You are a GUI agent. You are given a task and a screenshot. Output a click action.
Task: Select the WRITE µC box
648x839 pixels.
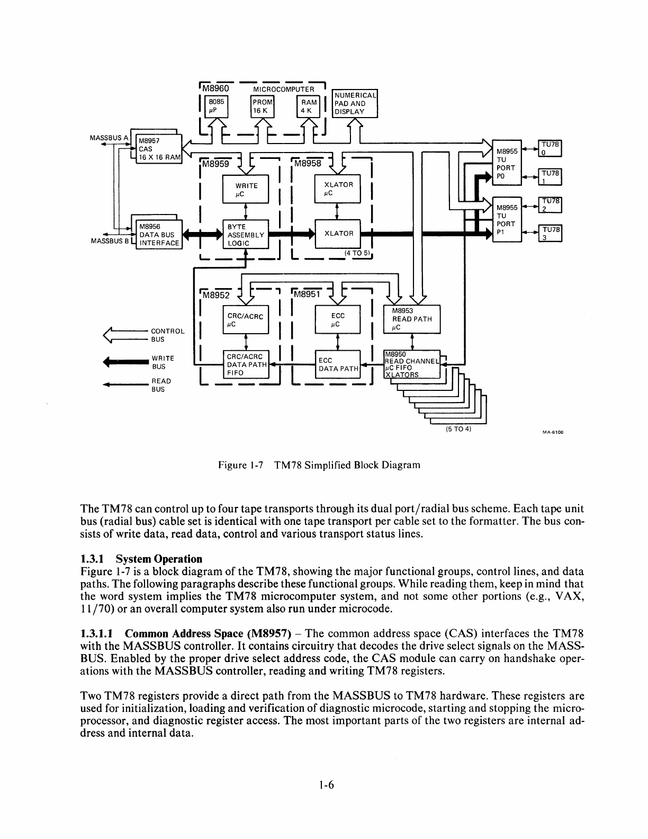click(x=246, y=189)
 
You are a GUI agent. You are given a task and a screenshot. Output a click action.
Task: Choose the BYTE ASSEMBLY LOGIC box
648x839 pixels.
click(x=246, y=235)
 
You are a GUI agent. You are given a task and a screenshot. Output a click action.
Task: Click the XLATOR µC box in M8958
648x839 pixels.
click(x=338, y=189)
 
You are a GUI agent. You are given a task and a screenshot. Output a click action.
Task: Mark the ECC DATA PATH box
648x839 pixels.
click(x=338, y=365)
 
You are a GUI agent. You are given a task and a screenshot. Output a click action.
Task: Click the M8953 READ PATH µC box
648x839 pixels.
click(x=411, y=319)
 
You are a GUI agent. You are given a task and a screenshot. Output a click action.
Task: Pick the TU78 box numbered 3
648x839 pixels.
click(x=550, y=234)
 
